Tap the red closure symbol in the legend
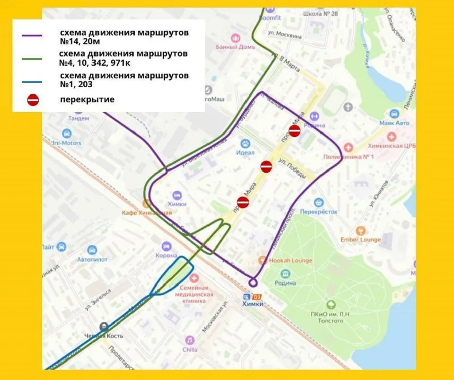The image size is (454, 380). click(x=33, y=100)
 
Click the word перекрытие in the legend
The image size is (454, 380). click(x=87, y=99)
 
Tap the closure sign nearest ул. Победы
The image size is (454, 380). click(x=266, y=167)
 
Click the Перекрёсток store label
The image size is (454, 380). click(x=319, y=212)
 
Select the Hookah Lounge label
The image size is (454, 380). click(x=290, y=260)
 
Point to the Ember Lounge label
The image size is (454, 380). click(x=360, y=239)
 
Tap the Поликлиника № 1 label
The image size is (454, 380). click(x=349, y=157)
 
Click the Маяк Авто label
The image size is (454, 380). click(x=394, y=123)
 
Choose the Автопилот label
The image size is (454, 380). click(x=92, y=259)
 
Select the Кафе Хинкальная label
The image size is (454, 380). click(x=147, y=212)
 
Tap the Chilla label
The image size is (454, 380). click(x=190, y=349)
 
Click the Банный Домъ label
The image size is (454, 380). click(x=235, y=47)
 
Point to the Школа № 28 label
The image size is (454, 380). click(x=327, y=14)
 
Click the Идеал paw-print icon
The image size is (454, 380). click(x=245, y=143)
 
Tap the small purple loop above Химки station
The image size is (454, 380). click(x=253, y=283)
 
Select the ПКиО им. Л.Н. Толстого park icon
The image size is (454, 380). click(x=331, y=305)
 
